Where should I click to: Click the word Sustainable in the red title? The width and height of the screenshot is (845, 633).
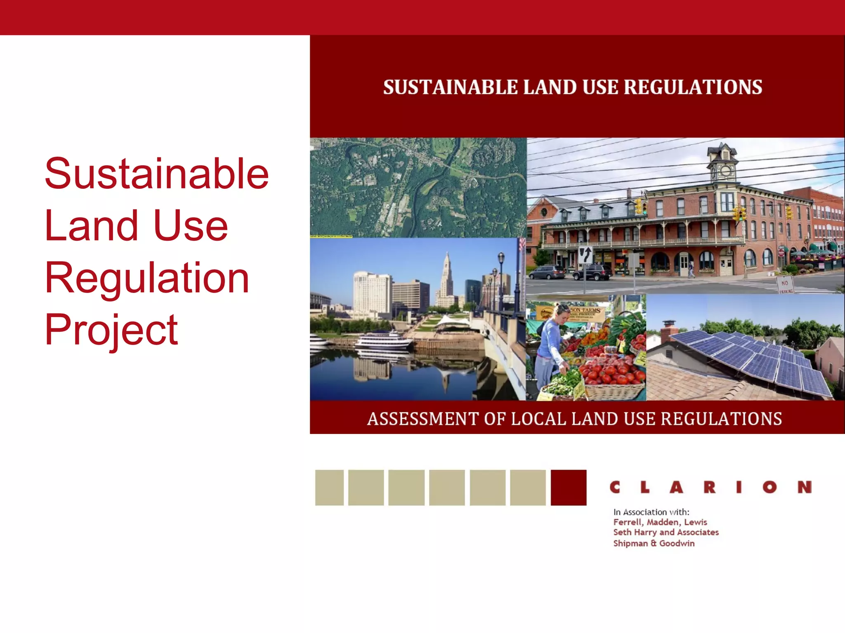tap(157, 174)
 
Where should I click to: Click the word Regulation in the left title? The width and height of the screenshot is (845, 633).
tap(147, 279)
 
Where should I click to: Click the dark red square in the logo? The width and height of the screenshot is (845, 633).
tap(568, 488)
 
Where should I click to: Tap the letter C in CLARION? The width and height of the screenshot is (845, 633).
tap(615, 488)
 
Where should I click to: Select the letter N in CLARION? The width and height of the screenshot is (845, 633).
tap(804, 488)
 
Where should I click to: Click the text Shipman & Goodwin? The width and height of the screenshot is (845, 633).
tap(654, 544)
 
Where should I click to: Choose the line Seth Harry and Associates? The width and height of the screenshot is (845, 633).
tap(666, 532)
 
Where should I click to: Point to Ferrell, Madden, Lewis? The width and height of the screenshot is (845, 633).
tap(660, 522)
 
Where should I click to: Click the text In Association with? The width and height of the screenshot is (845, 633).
tap(651, 512)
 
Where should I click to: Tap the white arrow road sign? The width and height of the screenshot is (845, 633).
tap(585, 255)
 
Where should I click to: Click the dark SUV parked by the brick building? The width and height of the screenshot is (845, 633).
tap(592, 272)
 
